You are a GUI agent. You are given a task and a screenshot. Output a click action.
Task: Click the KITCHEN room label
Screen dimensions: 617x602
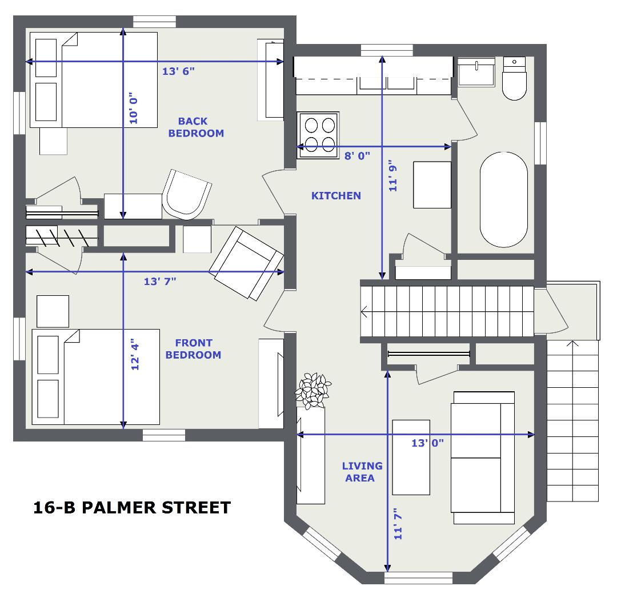336,195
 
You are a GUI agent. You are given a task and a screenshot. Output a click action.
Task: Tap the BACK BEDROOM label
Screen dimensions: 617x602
195,127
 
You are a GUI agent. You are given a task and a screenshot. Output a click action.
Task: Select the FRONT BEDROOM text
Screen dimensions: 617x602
193,348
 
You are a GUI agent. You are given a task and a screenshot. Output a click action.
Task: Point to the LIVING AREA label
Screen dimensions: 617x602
362,472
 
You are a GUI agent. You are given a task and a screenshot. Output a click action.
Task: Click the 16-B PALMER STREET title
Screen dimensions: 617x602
132,508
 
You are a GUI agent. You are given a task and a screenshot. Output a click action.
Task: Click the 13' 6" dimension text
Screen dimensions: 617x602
178,71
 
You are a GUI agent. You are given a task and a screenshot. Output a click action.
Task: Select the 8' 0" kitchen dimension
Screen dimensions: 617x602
357,156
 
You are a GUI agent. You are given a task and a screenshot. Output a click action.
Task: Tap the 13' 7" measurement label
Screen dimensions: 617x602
160,282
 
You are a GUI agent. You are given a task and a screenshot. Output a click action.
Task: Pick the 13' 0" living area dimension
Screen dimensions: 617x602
427,443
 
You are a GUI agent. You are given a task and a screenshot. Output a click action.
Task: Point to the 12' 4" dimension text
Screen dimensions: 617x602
135,354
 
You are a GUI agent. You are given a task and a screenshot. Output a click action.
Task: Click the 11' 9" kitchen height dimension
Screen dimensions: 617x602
392,175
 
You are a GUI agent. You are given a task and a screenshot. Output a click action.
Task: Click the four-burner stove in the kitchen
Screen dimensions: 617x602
318,135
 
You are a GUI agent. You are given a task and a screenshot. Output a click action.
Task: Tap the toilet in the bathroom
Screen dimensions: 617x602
514,78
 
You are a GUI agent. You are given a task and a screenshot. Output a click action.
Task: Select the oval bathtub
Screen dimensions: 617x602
504,199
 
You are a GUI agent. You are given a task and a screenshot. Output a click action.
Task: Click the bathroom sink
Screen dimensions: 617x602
476,72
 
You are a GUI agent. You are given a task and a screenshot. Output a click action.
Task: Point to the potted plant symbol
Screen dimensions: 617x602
313,390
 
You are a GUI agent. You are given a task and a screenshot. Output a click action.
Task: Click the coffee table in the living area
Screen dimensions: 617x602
411,457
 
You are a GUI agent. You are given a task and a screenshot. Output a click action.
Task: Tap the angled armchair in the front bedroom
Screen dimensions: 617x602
246,263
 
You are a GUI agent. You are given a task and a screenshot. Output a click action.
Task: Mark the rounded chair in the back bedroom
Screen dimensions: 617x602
187,195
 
